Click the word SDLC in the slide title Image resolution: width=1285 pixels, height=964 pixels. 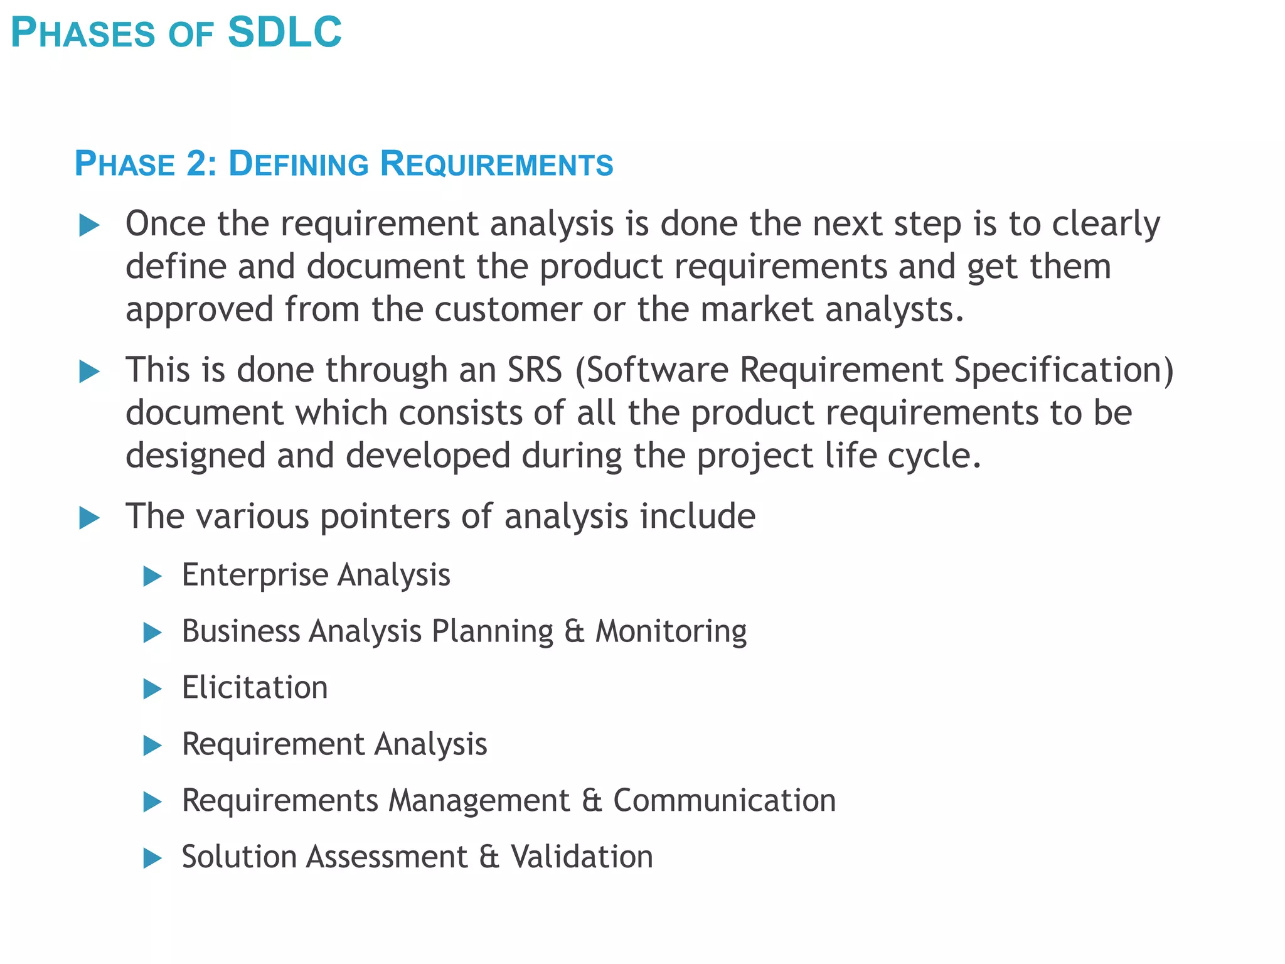[284, 33]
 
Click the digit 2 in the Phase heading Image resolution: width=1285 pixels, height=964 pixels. [196, 164]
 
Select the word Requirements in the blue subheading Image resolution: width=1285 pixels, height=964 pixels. [496, 164]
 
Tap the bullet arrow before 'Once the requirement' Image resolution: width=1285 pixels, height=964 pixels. [90, 225]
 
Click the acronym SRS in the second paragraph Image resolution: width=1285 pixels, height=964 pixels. [535, 370]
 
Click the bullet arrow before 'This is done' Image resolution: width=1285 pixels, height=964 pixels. [90, 372]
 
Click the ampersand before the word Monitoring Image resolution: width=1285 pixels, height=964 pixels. [574, 631]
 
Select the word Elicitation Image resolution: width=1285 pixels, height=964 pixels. [255, 687]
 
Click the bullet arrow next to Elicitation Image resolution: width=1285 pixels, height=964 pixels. [152, 689]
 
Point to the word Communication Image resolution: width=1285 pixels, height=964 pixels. [724, 801]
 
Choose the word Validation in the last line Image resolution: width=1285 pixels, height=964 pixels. [582, 857]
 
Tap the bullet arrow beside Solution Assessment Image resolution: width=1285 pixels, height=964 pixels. [152, 859]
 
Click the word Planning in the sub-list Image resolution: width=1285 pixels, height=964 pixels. [493, 631]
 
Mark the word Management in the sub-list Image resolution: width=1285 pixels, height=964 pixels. [479, 801]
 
